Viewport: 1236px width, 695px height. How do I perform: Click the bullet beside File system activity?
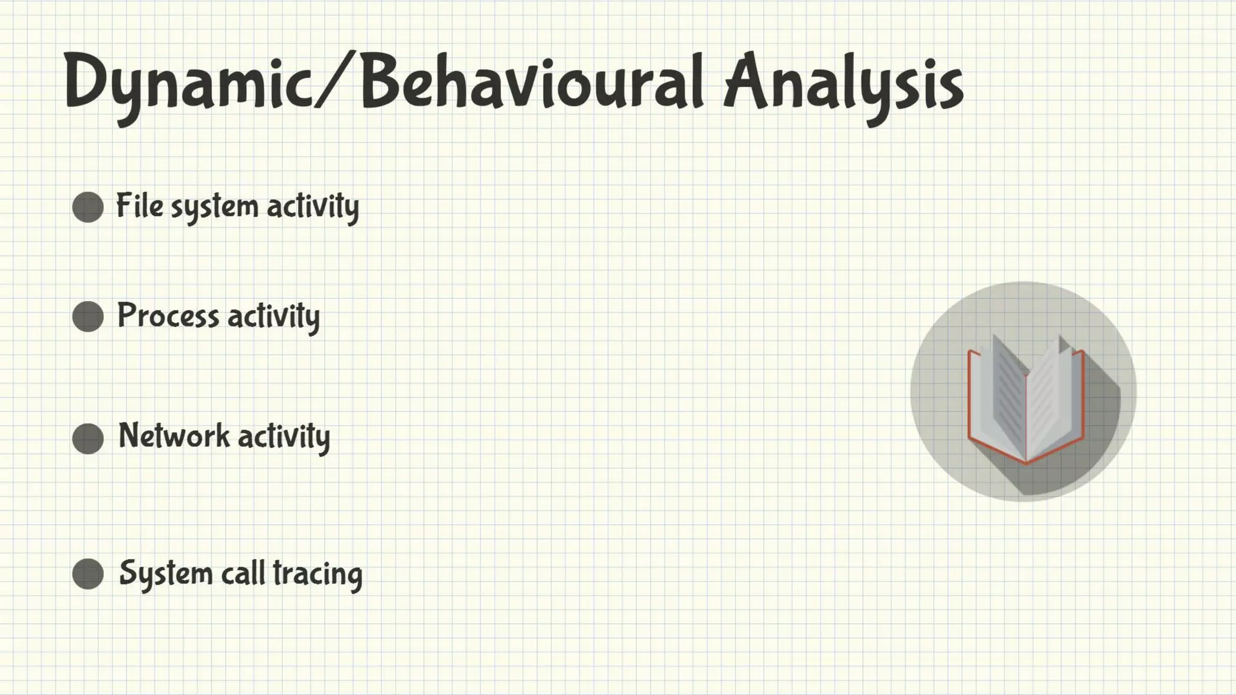(x=88, y=208)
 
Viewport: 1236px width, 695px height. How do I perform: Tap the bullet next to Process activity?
(x=88, y=317)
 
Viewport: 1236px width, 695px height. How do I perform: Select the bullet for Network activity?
(x=88, y=438)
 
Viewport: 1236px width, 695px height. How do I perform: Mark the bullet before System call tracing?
(x=88, y=574)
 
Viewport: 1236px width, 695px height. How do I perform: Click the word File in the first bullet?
(x=139, y=206)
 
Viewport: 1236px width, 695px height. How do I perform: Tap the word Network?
(x=174, y=436)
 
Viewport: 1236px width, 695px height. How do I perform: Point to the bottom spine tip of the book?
(x=1026, y=462)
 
